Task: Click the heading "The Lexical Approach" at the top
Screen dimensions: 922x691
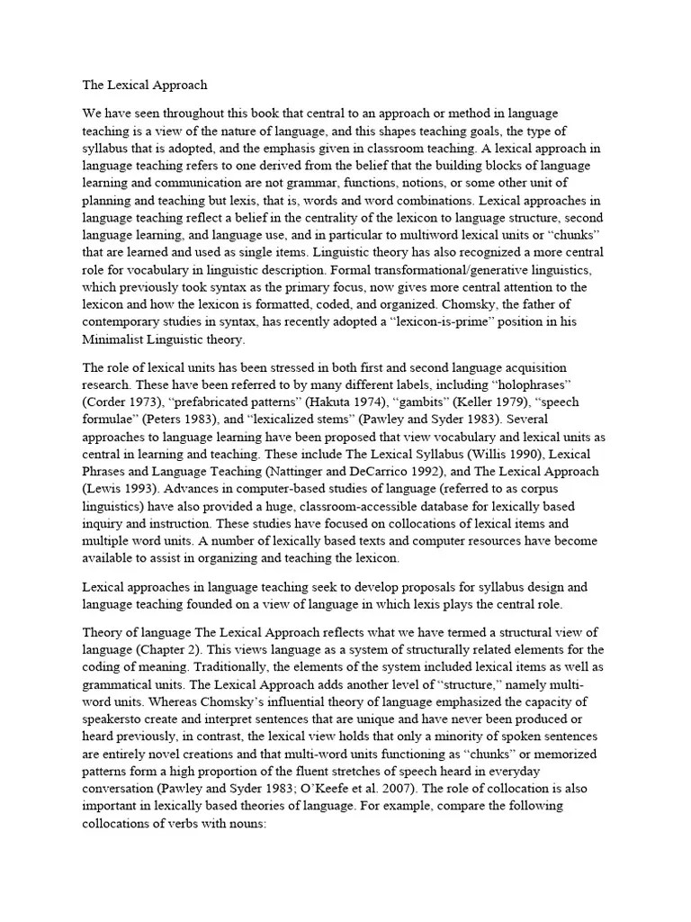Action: pos(145,86)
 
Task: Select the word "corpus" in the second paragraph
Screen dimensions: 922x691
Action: pos(579,487)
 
